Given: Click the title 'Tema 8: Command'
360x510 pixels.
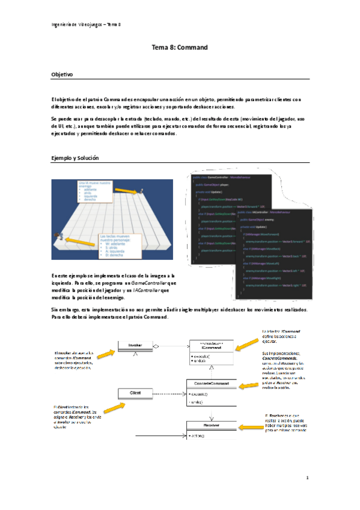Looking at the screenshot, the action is click(180, 48).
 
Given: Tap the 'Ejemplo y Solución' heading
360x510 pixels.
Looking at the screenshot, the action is click(75, 158).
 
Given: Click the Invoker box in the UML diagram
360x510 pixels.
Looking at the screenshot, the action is click(134, 345).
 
